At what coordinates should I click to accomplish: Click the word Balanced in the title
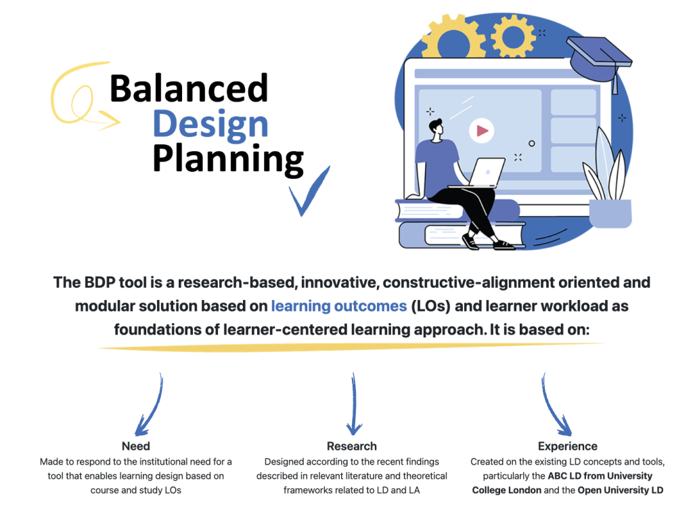[189, 89]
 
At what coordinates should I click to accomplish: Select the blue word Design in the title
[210, 124]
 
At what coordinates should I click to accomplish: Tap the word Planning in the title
[227, 159]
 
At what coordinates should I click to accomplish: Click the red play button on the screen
[481, 131]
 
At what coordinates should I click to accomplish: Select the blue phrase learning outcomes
[338, 306]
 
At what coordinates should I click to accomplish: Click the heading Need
[135, 446]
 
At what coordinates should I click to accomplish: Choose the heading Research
[351, 446]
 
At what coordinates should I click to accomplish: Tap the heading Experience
[567, 446]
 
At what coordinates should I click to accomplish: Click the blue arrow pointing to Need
[150, 406]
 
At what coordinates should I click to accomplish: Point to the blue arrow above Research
[353, 405]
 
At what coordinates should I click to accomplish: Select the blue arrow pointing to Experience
[554, 406]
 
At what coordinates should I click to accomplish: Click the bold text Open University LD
[620, 490]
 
